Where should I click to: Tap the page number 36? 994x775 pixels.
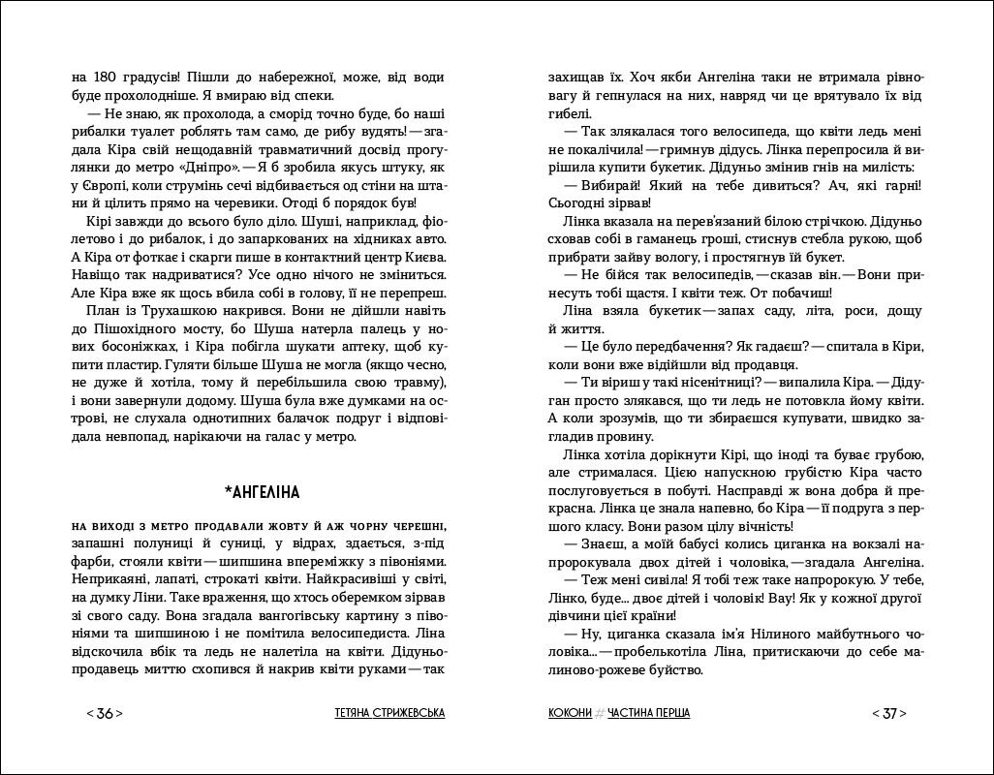pyautogui.click(x=105, y=714)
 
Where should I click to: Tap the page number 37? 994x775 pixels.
pyautogui.click(x=888, y=714)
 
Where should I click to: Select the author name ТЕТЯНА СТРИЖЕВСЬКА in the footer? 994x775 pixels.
pyautogui.click(x=388, y=714)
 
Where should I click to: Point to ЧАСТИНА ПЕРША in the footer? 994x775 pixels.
pyautogui.click(x=650, y=714)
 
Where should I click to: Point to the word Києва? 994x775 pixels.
pyautogui.click(x=423, y=257)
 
